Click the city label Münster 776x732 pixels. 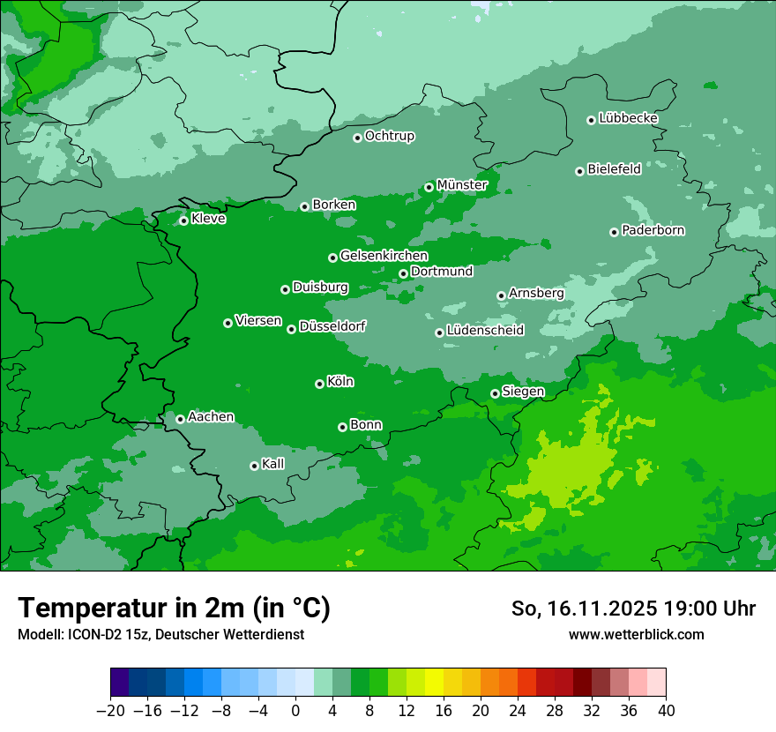(461, 185)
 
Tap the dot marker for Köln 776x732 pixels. (319, 384)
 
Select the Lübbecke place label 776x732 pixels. (628, 118)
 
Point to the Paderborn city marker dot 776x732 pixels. (614, 232)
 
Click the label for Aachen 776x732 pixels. (211, 416)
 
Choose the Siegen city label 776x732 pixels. (523, 391)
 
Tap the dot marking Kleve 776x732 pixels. (183, 220)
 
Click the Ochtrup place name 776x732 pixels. (389, 136)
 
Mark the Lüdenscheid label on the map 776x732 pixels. (485, 331)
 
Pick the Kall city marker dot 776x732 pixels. (254, 466)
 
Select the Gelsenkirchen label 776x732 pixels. (384, 256)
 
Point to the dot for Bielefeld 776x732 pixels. (579, 171)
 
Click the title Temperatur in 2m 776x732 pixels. (174, 608)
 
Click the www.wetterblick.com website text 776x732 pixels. (636, 634)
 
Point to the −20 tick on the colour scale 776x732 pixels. (110, 710)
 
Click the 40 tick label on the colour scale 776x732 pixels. (666, 710)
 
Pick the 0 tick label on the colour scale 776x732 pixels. (295, 710)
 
